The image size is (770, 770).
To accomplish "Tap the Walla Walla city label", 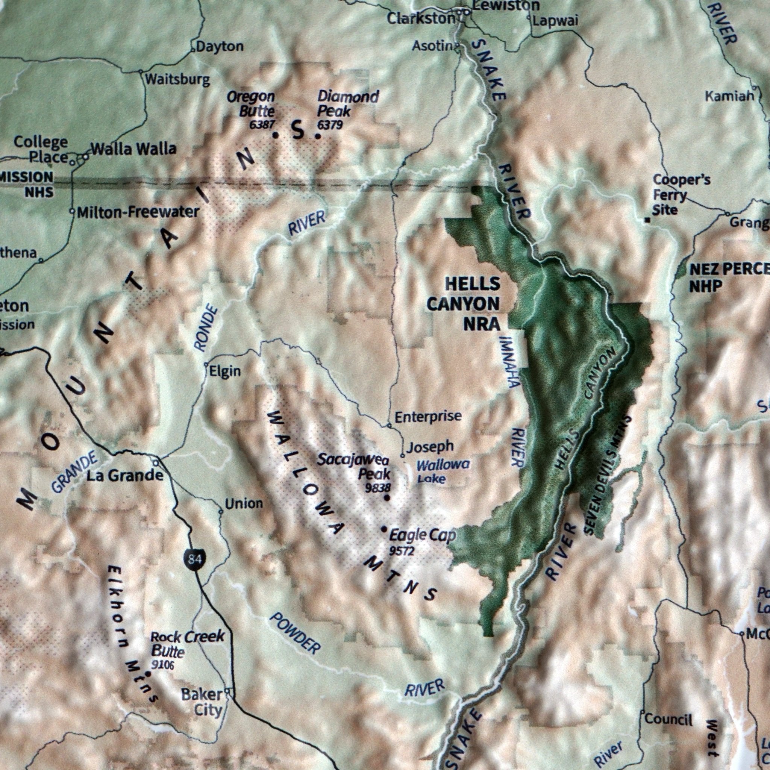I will pyautogui.click(x=133, y=149).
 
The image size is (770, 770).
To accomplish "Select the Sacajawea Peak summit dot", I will pyautogui.click(x=387, y=498).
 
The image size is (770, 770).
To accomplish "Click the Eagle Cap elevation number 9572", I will pyautogui.click(x=402, y=551).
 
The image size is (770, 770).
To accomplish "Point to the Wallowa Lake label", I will pyautogui.click(x=443, y=471).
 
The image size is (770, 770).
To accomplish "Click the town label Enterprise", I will pyautogui.click(x=428, y=417).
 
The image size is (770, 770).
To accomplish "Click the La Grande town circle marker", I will pyautogui.click(x=156, y=463).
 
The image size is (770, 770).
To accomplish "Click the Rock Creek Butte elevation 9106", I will pyautogui.click(x=162, y=664).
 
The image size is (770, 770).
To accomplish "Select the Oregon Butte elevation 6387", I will pyautogui.click(x=262, y=125).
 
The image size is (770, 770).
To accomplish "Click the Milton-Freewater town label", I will pyautogui.click(x=138, y=212).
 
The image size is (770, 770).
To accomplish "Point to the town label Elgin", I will pyautogui.click(x=225, y=371).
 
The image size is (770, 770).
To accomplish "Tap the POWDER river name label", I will pyautogui.click(x=295, y=633).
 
